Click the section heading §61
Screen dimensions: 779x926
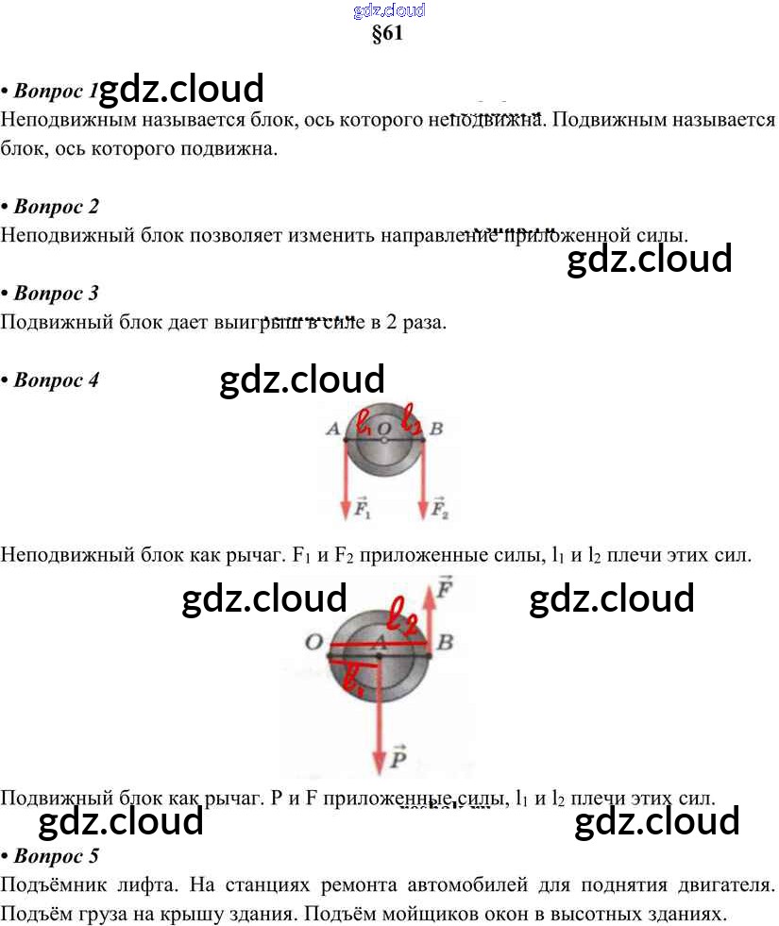click(x=388, y=36)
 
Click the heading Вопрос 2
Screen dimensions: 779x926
click(x=56, y=206)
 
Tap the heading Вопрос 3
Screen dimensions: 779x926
click(x=56, y=293)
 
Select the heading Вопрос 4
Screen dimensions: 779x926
click(x=56, y=380)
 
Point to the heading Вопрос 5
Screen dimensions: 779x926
click(x=56, y=856)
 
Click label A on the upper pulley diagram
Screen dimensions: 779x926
click(x=332, y=429)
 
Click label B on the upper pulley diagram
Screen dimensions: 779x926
click(x=436, y=429)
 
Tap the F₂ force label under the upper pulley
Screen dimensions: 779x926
click(x=439, y=511)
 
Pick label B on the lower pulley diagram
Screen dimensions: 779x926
click(x=446, y=643)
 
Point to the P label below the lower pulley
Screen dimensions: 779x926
click(x=398, y=757)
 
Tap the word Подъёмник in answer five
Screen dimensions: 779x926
click(x=54, y=886)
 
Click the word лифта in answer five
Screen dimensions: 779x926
click(x=145, y=886)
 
